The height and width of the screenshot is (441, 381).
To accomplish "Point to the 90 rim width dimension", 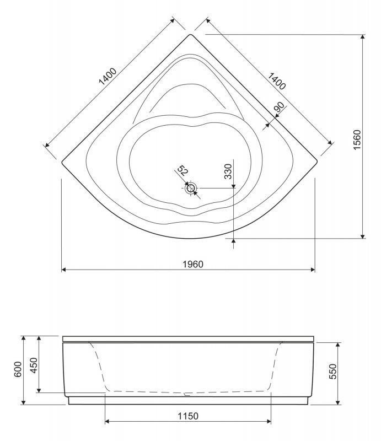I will coord(278,107).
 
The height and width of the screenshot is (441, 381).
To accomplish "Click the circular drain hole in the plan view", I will coord(191,188).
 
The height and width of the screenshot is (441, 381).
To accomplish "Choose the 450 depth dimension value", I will coord(34,364).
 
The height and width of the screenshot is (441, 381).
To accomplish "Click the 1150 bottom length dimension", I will coord(188,415).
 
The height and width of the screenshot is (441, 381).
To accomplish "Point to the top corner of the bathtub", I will coord(191,35).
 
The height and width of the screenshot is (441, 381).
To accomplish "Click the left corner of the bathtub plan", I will coord(62,163).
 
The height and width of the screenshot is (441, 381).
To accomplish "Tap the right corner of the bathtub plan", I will coord(318,162).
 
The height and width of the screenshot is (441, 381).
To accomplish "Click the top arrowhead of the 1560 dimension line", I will coord(363,36).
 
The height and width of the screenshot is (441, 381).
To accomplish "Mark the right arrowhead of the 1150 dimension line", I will coord(269,422).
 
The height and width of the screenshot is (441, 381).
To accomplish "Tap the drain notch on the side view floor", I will coord(188,394).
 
